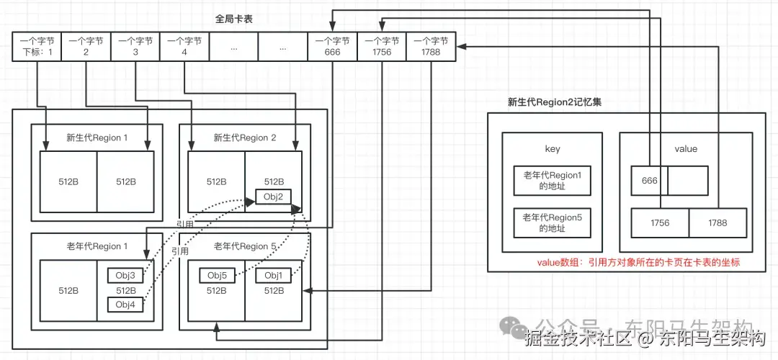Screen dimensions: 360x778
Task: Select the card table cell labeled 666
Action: click(x=331, y=47)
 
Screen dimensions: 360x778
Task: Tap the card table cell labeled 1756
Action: click(x=381, y=47)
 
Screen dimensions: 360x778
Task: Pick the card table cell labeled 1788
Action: click(x=430, y=47)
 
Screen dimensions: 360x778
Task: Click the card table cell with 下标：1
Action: click(x=36, y=47)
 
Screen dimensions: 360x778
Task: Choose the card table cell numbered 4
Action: click(x=184, y=47)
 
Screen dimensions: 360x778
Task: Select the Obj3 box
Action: click(x=125, y=275)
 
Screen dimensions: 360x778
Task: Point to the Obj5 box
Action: click(x=217, y=275)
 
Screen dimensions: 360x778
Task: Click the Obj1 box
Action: click(x=273, y=275)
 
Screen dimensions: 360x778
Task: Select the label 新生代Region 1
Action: click(x=96, y=138)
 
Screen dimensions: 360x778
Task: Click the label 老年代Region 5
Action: click(x=245, y=246)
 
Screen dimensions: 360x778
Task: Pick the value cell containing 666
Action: click(x=649, y=181)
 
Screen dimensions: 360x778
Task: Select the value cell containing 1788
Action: click(x=717, y=222)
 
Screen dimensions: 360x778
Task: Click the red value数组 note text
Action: click(x=638, y=264)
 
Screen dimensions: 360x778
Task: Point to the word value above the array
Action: click(x=685, y=149)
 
